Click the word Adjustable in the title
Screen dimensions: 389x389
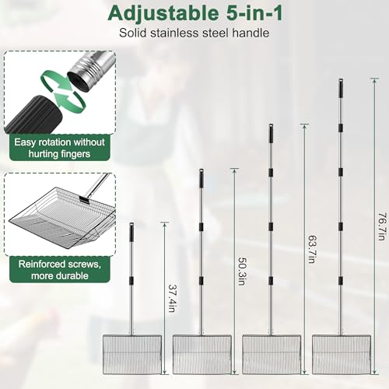(x=163, y=13)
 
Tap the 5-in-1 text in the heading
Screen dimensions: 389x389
(x=254, y=12)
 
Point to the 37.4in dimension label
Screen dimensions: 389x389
(x=173, y=298)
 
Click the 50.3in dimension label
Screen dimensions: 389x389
(x=242, y=272)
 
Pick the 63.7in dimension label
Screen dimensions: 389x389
(x=311, y=249)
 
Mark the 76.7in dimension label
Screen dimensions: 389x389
(x=381, y=227)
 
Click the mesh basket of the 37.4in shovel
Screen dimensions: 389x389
(x=132, y=354)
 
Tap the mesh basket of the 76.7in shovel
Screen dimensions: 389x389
(x=342, y=354)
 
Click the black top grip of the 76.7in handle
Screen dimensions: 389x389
(x=341, y=88)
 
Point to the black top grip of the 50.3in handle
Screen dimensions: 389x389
(x=201, y=178)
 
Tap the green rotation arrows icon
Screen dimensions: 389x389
(x=63, y=90)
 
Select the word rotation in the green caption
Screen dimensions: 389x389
(x=54, y=142)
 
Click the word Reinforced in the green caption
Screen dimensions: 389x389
(x=41, y=265)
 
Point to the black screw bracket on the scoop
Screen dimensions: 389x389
(x=84, y=200)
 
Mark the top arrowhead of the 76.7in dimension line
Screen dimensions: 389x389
(x=374, y=80)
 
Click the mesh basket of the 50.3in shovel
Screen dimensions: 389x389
(x=202, y=354)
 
